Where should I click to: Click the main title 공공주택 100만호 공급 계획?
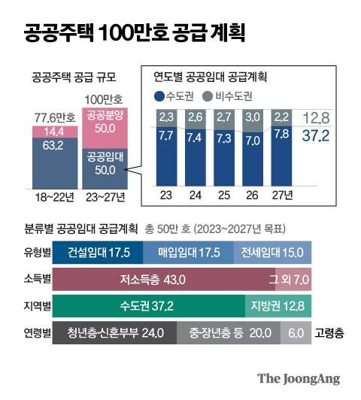134,33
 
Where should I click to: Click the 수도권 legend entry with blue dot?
175,95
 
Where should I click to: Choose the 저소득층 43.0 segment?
159,280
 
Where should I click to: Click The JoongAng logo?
299,379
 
